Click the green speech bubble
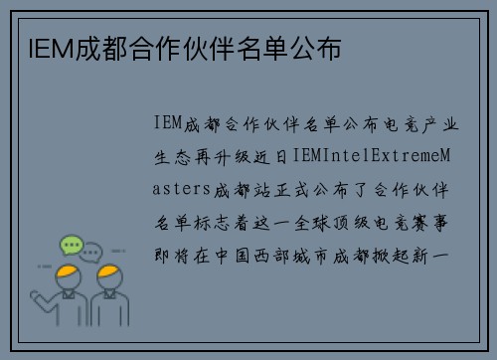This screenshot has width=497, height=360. point(71,244)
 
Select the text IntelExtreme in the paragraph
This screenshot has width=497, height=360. point(367,156)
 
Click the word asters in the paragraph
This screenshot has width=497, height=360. point(183,189)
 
